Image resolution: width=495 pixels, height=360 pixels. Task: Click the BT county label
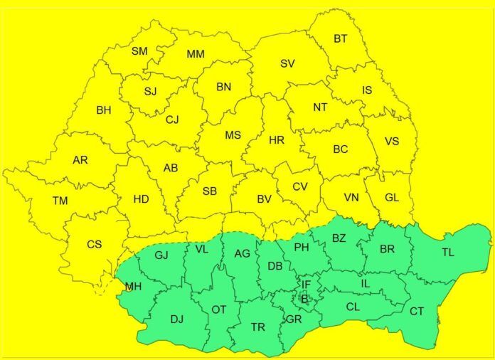pos(341,39)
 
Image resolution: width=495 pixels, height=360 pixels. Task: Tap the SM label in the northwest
pos(139,51)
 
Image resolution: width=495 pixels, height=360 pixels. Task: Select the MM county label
pos(196,54)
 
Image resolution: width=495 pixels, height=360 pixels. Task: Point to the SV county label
pos(287,63)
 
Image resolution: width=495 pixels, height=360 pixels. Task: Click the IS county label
pos(367,90)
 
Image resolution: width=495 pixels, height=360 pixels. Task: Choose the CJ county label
pos(172,120)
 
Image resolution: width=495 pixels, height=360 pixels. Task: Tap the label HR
pos(277,140)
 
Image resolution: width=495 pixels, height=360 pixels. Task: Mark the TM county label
pos(60,201)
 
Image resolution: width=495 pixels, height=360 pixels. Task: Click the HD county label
pos(141,199)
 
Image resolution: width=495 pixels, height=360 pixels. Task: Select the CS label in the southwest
pos(95,244)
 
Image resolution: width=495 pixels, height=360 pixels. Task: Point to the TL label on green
pos(447,252)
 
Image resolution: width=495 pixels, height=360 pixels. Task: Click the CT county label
pos(417,311)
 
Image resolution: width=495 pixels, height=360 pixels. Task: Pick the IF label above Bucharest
pos(306,285)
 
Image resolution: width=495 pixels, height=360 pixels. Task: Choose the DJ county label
pos(177,319)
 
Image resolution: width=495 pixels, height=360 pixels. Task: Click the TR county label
pos(257,327)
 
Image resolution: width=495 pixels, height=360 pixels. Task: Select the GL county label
pos(392,197)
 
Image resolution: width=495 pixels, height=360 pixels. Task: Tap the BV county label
pos(264,199)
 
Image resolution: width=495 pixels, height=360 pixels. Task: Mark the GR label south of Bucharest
pos(294,319)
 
